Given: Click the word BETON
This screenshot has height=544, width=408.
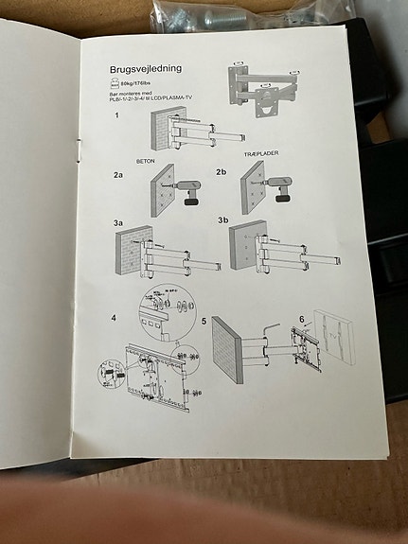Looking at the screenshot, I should click(146, 160).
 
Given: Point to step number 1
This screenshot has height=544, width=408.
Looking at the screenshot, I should click(116, 116).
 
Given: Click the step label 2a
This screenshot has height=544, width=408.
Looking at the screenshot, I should click(118, 175).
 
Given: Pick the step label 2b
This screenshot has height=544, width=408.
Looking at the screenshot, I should click(222, 172).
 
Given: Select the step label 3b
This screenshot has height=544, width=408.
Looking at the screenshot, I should click(223, 220).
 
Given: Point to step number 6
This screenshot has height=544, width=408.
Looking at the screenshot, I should click(301, 319).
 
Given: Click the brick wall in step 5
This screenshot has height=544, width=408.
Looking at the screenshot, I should click(228, 350).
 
